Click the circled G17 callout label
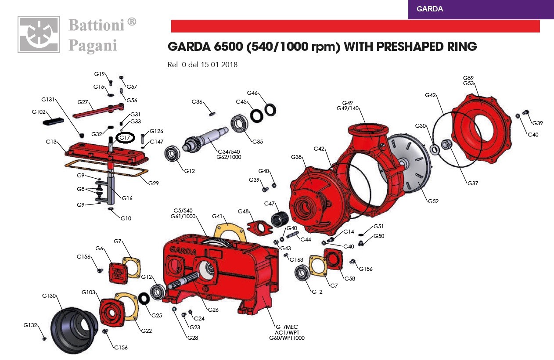point(125,138)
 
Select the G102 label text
point(39,112)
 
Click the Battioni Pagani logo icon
point(39,34)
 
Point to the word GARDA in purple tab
point(430,9)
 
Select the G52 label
point(433,202)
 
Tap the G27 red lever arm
point(98,111)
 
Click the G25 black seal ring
point(144,299)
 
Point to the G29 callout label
point(153,184)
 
